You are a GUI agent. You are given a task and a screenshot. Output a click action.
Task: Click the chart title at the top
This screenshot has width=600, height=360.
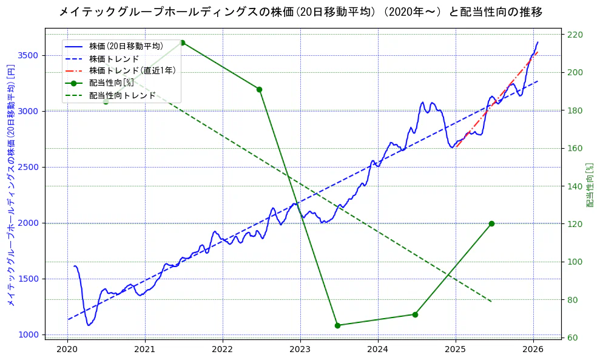[x=300, y=12]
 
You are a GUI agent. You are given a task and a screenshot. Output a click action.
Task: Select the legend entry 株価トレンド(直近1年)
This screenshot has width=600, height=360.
[x=132, y=70]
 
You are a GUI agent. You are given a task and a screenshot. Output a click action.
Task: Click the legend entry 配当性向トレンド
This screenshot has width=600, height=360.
[x=122, y=95]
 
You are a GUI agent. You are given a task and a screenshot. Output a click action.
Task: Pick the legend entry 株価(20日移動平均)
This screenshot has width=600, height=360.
[x=126, y=46]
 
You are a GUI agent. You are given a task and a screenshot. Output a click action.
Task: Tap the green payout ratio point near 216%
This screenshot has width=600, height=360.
[x=182, y=42]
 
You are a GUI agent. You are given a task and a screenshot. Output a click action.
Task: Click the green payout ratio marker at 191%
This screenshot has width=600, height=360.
[x=259, y=89]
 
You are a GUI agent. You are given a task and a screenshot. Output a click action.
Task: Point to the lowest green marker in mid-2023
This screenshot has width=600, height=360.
[x=337, y=325]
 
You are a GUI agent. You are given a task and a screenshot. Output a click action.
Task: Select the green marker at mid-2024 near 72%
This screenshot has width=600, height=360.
[x=415, y=314]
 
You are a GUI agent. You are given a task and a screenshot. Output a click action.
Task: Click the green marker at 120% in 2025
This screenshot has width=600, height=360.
[x=491, y=223]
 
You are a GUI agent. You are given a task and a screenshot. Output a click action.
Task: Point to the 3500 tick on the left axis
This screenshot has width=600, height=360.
[x=29, y=55]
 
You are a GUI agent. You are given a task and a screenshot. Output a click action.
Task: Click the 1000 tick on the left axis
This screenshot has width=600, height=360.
[x=29, y=335]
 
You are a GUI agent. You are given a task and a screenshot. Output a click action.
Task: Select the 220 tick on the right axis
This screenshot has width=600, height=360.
[x=574, y=35]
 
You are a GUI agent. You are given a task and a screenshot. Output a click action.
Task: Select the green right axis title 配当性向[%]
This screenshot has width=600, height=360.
[x=590, y=184]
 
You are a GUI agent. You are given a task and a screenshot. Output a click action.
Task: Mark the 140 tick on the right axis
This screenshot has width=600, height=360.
[x=574, y=186]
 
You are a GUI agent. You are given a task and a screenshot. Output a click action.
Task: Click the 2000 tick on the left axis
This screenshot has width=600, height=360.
[x=29, y=223]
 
